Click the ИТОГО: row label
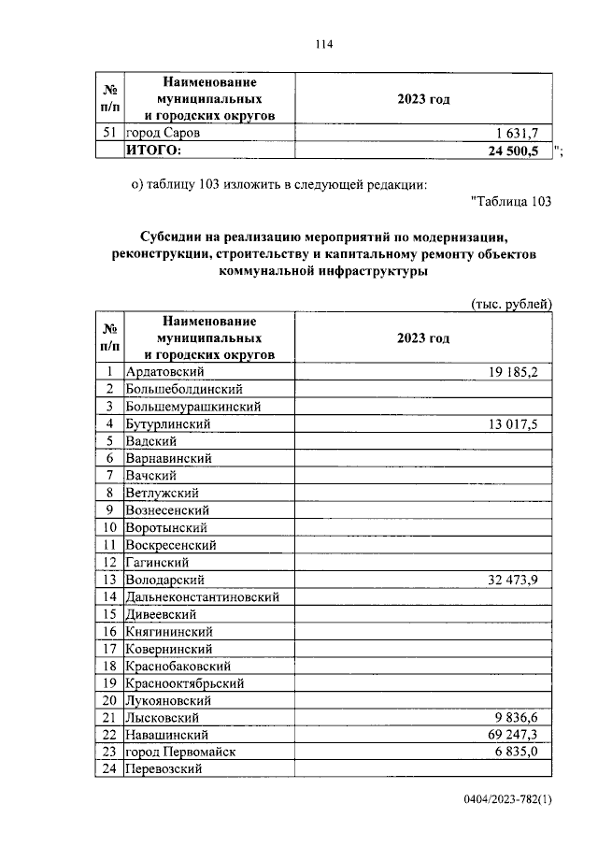click(153, 151)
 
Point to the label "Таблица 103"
click(511, 201)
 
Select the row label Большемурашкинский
click(192, 407)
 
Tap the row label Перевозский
click(164, 769)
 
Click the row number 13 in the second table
click(109, 580)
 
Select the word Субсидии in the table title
click(169, 237)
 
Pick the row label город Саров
click(162, 134)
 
